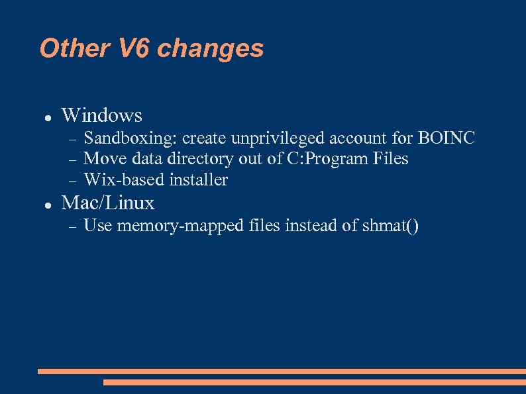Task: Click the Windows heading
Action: tap(101, 115)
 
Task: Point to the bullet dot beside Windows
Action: tap(48, 117)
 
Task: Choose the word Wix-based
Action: tap(125, 179)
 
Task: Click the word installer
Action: tap(199, 179)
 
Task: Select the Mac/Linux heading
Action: tap(108, 203)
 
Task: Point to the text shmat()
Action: tap(390, 226)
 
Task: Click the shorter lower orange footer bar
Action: tap(314, 382)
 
